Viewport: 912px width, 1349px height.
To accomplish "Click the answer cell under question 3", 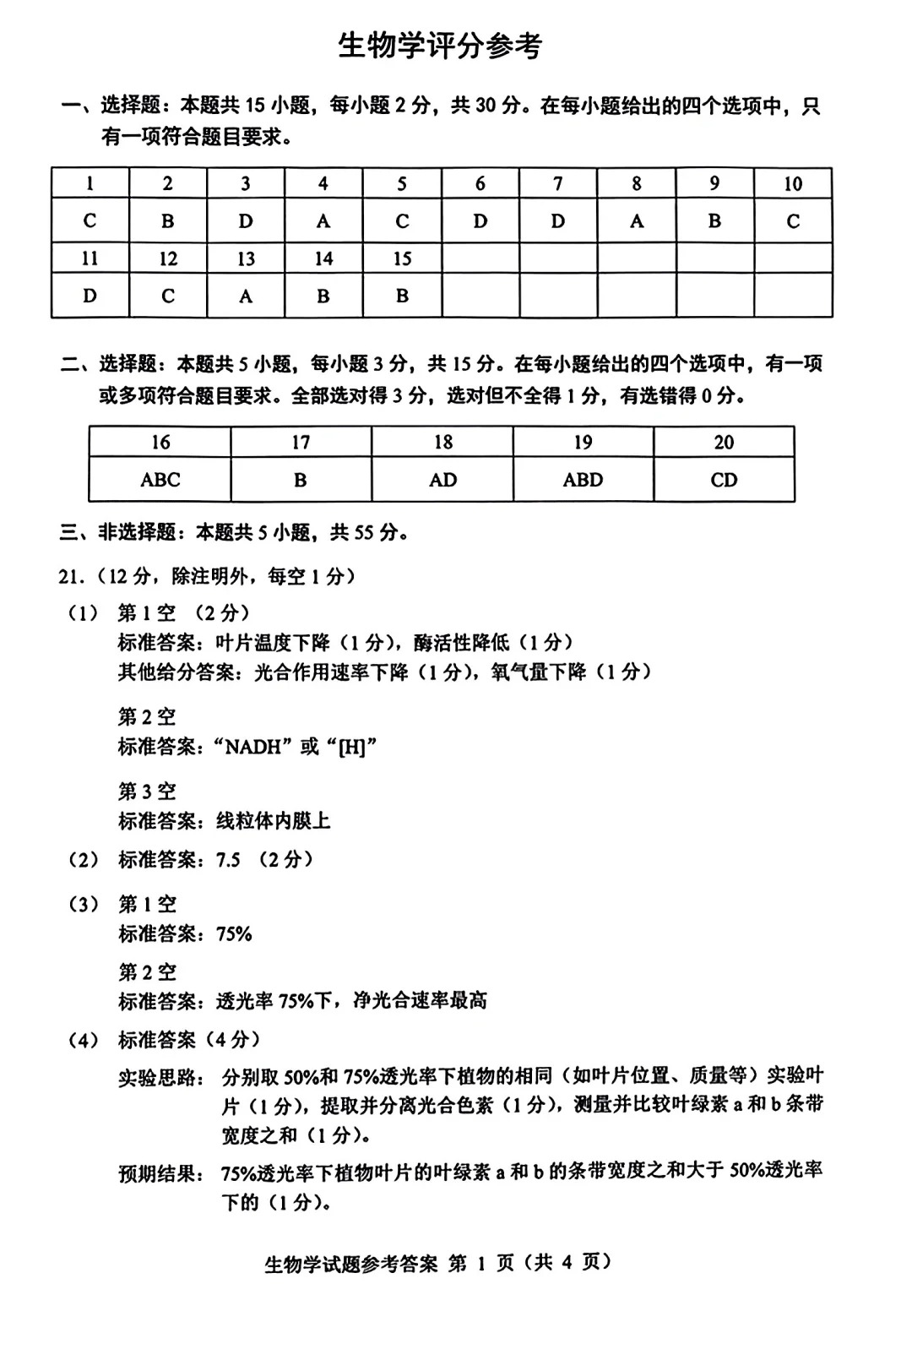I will [x=246, y=221].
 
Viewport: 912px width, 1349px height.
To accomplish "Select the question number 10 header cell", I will [x=792, y=183].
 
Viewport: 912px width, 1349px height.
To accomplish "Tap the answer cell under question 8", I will [x=636, y=221].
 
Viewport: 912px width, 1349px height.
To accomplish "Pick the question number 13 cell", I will [x=246, y=258].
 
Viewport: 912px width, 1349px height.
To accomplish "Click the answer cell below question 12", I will [x=168, y=296].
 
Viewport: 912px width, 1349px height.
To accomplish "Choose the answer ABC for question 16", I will [x=160, y=480].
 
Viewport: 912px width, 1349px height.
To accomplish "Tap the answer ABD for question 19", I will [x=583, y=480].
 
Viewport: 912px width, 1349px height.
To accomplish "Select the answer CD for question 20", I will [x=724, y=480].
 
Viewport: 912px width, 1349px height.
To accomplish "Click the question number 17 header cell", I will [x=301, y=442].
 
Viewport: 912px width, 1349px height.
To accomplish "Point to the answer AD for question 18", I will [x=442, y=480].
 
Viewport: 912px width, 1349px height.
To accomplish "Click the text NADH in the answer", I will [x=252, y=747].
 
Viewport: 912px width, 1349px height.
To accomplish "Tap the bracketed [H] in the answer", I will [x=350, y=747].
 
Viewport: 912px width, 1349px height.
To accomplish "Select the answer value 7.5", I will [x=228, y=860].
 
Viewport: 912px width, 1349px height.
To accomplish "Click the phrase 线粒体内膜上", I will [x=273, y=820].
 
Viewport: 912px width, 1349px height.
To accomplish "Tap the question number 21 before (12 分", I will [x=70, y=577].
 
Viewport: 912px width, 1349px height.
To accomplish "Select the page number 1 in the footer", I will [x=481, y=1263].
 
